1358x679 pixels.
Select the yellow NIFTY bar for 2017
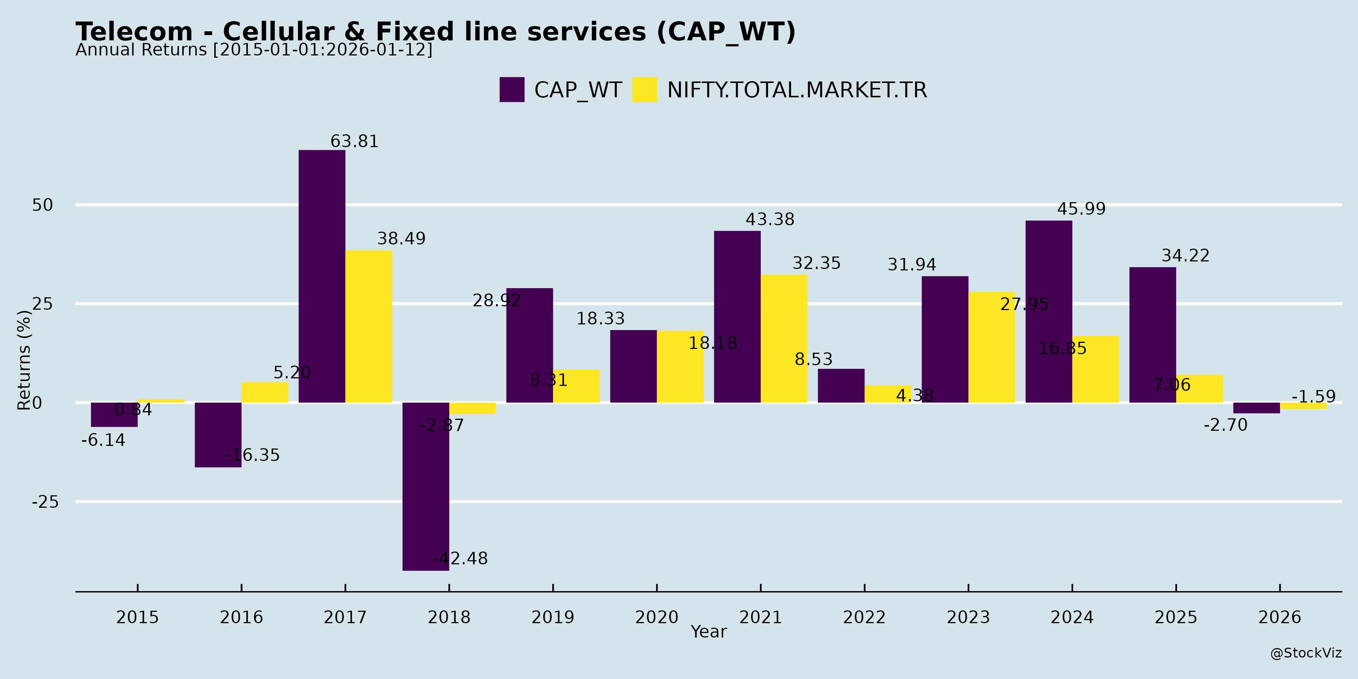[369, 326]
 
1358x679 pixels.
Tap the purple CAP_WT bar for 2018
[426, 486]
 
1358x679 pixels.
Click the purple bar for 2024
[1049, 312]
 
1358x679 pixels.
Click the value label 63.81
[354, 142]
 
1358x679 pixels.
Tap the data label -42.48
[460, 558]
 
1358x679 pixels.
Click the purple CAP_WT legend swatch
[512, 90]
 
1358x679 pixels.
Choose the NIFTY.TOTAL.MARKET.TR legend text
[797, 90]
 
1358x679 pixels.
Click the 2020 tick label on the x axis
[656, 617]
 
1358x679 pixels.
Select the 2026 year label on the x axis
[1280, 617]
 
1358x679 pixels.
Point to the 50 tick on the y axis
[43, 205]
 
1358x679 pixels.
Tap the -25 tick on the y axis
[45, 502]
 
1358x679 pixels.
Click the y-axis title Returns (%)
[24, 360]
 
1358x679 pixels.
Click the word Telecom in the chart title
[134, 32]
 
